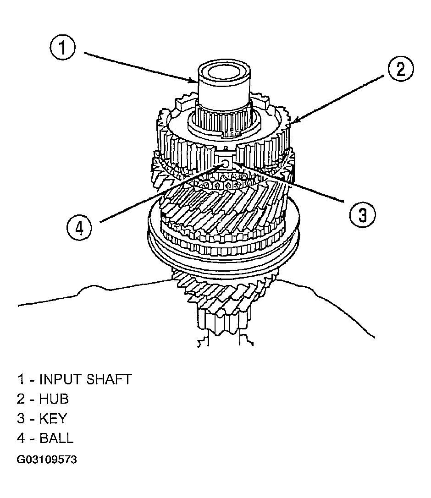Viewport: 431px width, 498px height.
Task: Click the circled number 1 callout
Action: (63, 48)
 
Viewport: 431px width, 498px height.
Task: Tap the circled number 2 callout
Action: (400, 69)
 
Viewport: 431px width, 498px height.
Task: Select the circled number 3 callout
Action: (362, 215)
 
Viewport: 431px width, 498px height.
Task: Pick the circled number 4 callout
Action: (79, 228)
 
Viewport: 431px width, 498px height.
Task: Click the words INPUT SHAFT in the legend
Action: (85, 379)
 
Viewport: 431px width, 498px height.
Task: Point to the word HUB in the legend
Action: (54, 399)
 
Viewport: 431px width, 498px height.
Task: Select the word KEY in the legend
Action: (53, 419)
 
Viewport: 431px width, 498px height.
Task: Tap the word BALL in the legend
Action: (56, 438)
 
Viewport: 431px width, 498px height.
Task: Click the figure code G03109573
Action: (47, 460)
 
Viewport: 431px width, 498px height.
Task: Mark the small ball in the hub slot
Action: (225, 164)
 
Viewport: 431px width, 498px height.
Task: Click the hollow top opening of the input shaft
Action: (224, 72)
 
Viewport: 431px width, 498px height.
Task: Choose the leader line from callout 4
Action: (160, 193)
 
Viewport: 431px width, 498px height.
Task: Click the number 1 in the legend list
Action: (21, 379)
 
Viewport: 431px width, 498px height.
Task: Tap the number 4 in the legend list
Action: (21, 438)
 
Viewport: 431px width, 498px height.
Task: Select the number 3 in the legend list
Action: (21, 419)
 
